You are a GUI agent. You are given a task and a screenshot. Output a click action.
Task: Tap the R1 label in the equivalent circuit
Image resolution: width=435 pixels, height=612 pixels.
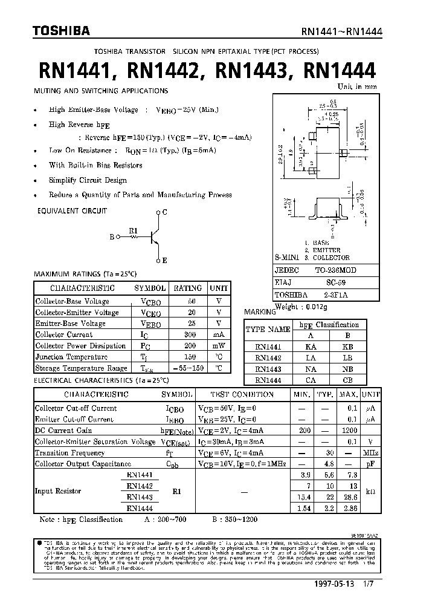134,230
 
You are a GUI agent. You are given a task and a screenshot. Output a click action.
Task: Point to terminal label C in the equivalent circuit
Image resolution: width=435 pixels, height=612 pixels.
165,212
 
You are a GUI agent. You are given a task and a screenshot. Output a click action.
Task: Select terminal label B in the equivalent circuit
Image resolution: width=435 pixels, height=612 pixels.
112,237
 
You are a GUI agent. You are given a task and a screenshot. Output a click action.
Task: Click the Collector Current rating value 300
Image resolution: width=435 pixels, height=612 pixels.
192,334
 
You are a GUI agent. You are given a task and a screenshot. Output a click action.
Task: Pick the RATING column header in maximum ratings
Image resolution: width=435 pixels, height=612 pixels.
188,288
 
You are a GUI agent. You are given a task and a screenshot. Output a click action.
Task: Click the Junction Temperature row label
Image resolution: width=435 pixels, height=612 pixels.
71,357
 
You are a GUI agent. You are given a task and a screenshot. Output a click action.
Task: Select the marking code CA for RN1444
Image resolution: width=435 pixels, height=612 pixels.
311,380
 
